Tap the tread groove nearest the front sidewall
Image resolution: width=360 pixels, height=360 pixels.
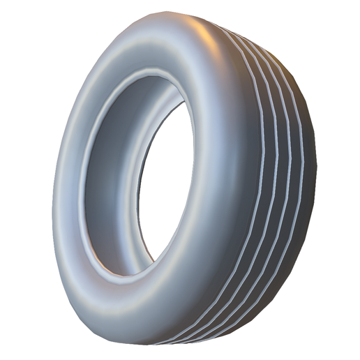pos(261,174)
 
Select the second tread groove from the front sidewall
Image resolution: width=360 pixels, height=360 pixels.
pos(275,174)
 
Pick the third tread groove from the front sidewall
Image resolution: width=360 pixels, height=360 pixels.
pos(287,174)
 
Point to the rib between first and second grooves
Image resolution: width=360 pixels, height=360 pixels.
pos(268,174)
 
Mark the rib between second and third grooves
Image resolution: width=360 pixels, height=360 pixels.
pos(281,174)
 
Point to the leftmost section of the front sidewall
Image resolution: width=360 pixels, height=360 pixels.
pos(66,188)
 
